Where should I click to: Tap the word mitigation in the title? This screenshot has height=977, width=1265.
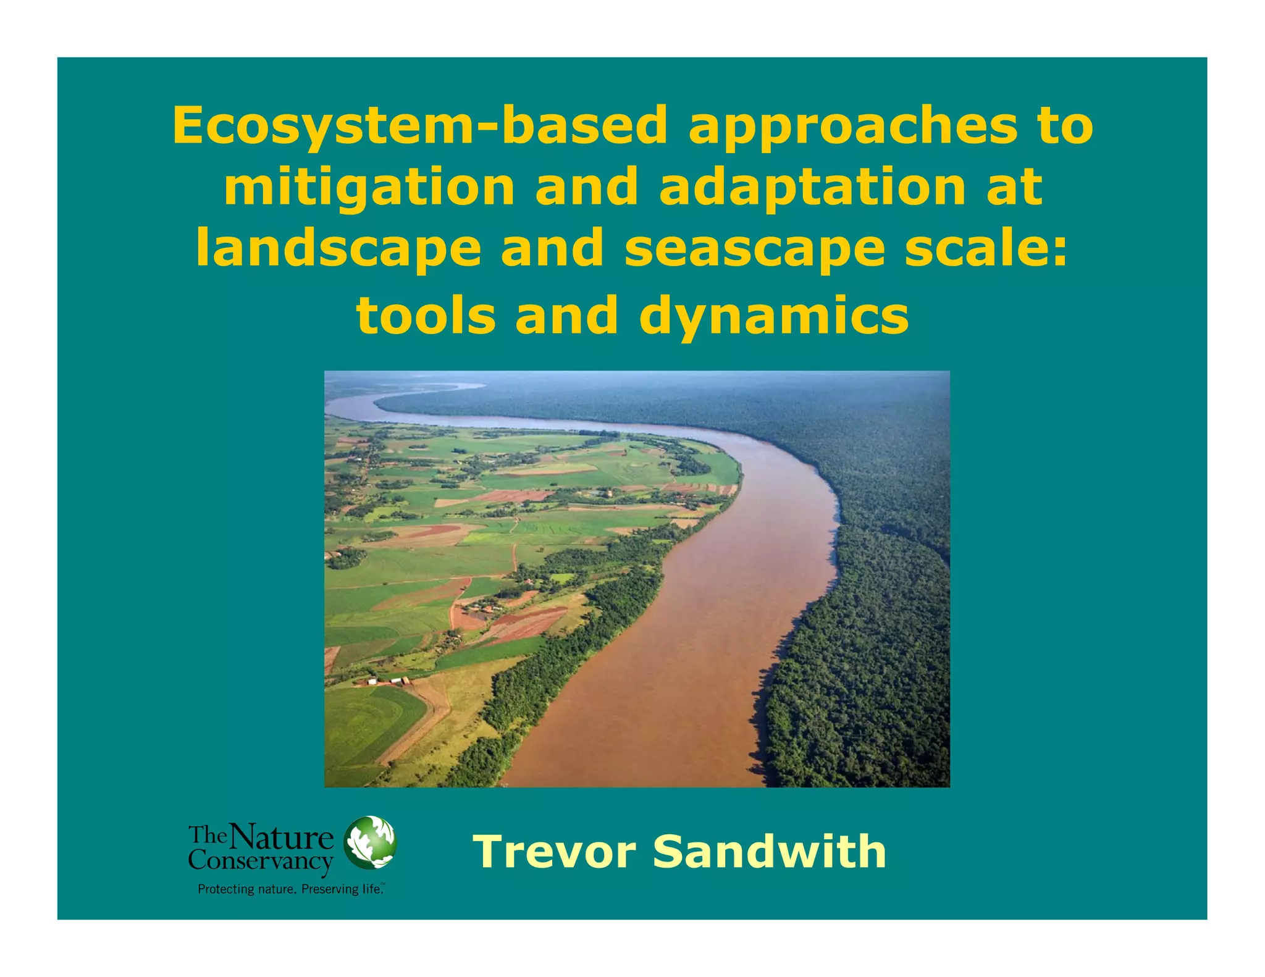[369, 188]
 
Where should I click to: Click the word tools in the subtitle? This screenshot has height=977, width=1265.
[426, 315]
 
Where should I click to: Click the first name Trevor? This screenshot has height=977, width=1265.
[554, 852]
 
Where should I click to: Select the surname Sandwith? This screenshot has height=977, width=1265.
[770, 851]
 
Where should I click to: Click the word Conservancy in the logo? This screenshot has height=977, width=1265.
[261, 861]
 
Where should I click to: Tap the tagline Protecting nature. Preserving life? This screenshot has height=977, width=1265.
[291, 889]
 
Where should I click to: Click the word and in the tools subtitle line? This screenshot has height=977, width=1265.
[566, 315]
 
